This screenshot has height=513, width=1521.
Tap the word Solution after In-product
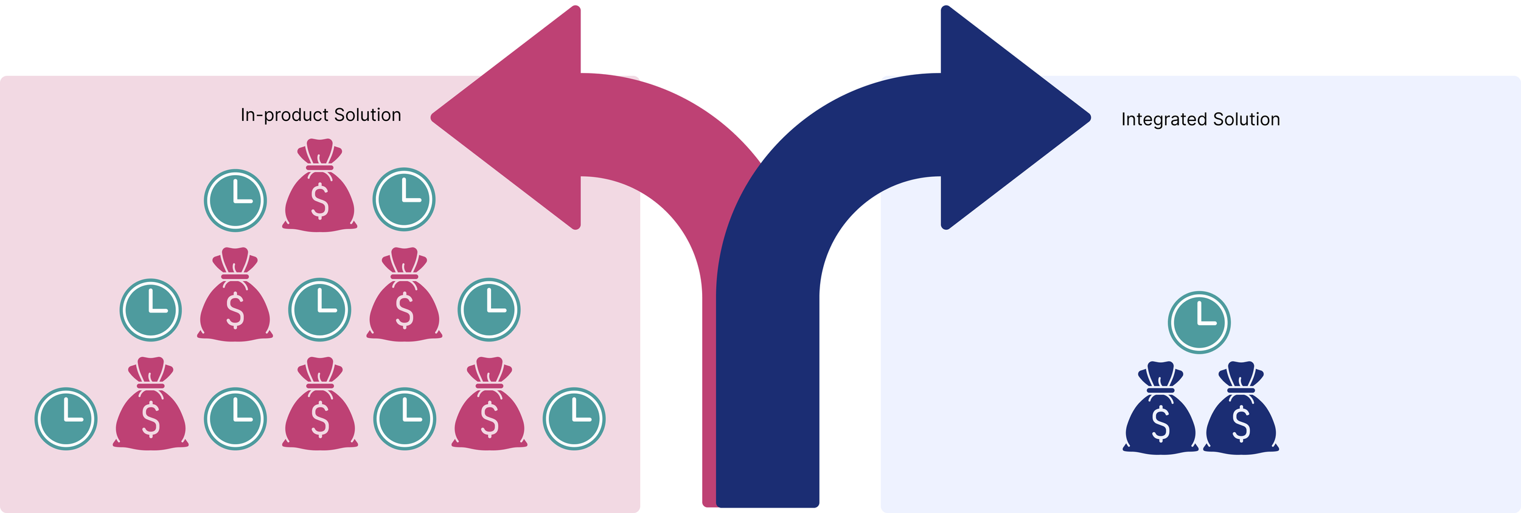pos(367,115)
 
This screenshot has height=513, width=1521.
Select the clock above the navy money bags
pos(1199,323)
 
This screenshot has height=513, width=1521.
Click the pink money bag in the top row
pos(319,188)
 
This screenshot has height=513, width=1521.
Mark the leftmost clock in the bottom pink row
pos(66,419)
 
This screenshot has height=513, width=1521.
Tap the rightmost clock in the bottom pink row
pos(574,419)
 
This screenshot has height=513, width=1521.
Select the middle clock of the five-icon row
pos(319,309)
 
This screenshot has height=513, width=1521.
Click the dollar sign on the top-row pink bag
pos(319,201)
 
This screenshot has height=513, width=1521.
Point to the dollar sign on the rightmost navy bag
pos(1241,424)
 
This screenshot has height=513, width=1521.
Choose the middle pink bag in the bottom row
pos(320,407)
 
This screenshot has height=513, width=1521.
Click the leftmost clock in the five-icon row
pos(150,310)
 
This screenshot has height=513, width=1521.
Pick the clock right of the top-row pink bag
pos(403,199)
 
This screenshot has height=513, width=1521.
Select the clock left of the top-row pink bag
pos(235,201)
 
